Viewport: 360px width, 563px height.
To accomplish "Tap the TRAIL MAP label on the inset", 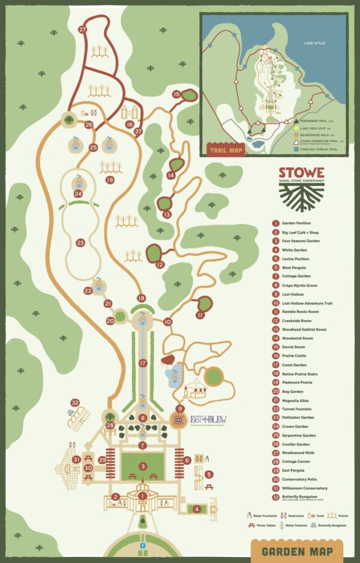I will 225,149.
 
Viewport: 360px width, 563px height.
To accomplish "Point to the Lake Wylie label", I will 317,43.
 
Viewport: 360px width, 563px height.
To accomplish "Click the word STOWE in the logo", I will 301,172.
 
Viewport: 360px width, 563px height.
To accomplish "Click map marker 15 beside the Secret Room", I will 176,94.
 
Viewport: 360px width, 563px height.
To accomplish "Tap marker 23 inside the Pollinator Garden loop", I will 81,243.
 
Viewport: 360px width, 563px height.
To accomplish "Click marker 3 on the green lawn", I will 143,466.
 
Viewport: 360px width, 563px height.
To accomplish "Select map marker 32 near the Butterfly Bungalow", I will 75,402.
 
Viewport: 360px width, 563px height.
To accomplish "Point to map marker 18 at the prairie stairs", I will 142,298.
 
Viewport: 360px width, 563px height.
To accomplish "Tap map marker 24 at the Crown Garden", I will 78,194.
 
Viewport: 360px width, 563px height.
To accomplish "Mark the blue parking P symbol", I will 142,546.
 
